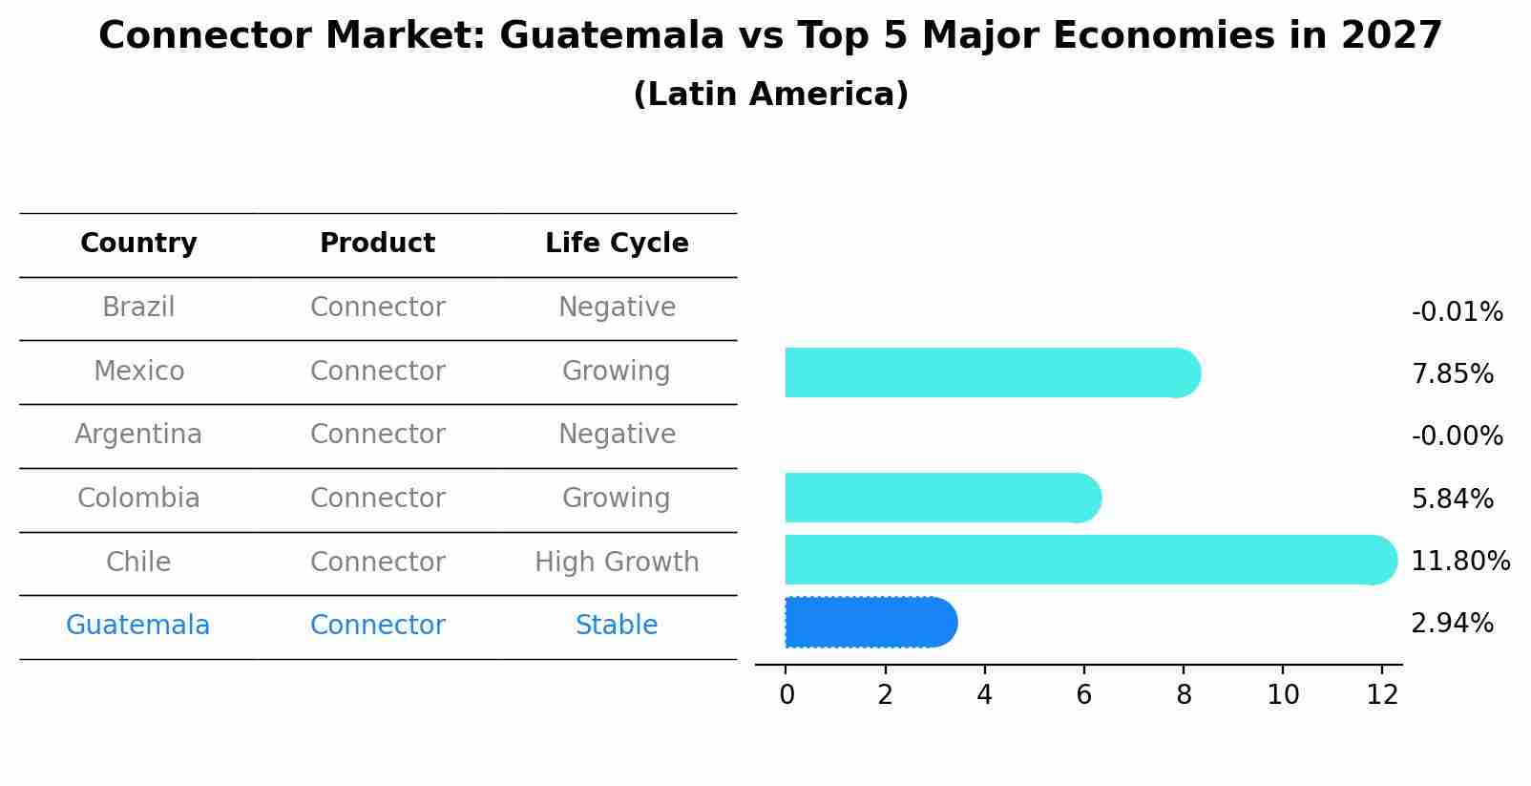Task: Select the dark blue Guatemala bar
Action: point(870,623)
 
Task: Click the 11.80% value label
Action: point(1459,561)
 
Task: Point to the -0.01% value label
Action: point(1457,312)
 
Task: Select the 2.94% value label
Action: point(1452,624)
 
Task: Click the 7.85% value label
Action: point(1452,374)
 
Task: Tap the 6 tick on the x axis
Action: point(1083,695)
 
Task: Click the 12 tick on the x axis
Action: point(1381,695)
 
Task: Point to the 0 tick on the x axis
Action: point(786,695)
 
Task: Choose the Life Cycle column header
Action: point(617,244)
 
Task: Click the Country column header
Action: point(138,244)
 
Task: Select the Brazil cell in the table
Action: point(138,308)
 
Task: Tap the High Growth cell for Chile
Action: point(617,563)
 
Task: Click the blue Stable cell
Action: point(617,626)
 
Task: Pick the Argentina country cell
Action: point(138,435)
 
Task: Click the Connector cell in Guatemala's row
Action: point(377,626)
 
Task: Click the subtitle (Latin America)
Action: point(770,95)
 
